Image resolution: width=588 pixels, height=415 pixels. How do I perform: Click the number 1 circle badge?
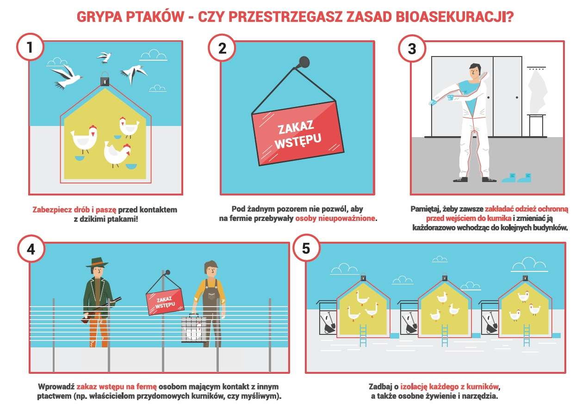tap(30, 47)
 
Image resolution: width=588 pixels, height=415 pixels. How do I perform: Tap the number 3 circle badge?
tap(412, 48)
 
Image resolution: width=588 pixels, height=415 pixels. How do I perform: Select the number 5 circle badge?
tap(306, 248)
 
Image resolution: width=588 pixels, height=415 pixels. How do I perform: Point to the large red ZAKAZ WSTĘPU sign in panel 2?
tap(298, 133)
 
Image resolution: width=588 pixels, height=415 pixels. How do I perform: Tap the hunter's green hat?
tap(97, 263)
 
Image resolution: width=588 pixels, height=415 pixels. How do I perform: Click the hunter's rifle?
tap(101, 310)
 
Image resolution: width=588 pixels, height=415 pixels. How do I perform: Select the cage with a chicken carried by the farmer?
tap(194, 328)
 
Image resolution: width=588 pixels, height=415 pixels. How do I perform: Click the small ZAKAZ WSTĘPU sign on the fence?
tap(165, 302)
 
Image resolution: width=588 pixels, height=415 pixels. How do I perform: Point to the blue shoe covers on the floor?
tap(517, 178)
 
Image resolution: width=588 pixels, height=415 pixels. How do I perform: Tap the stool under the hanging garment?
tap(536, 125)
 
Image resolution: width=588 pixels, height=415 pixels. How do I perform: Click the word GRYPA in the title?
tap(99, 17)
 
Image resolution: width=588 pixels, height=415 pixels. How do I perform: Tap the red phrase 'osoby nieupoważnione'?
tap(335, 219)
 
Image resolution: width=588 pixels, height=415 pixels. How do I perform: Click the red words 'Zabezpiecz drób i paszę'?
tap(74, 210)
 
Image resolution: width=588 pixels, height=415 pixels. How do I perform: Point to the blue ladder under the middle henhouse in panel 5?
tap(445, 335)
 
